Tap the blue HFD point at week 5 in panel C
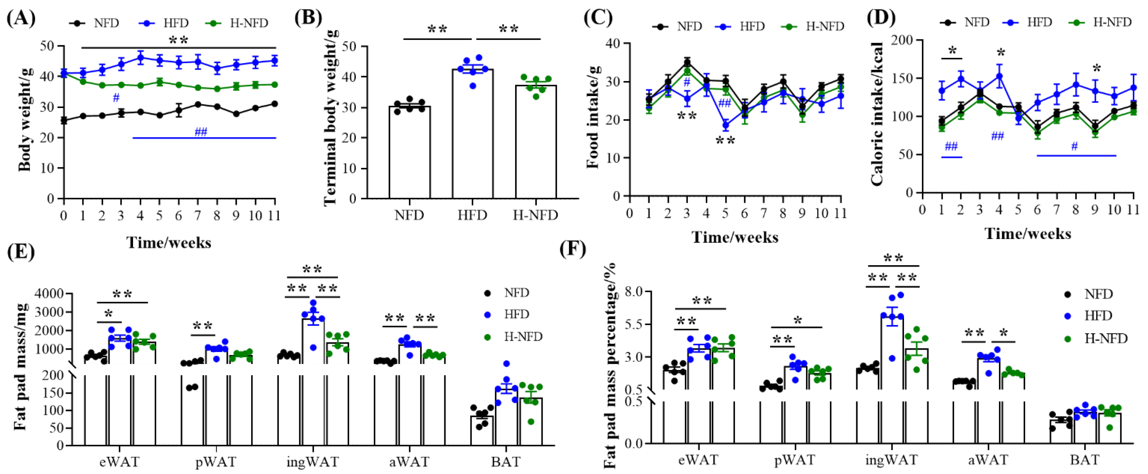(725, 125)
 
